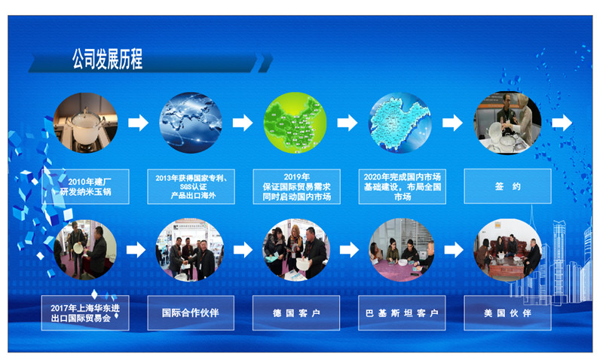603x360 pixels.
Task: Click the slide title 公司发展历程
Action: click(x=107, y=58)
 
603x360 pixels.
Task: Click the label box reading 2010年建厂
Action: click(x=85, y=187)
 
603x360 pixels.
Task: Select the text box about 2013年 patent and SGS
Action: click(x=191, y=187)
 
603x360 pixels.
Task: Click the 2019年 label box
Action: click(x=295, y=187)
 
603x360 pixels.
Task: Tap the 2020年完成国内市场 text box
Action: click(x=402, y=187)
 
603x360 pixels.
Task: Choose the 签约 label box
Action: click(x=507, y=187)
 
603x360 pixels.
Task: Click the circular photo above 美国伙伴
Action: click(x=507, y=249)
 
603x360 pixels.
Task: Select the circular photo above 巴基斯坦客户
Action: click(x=400, y=249)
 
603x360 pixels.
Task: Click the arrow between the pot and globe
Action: click(x=138, y=123)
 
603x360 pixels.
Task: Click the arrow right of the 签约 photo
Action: click(x=562, y=123)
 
